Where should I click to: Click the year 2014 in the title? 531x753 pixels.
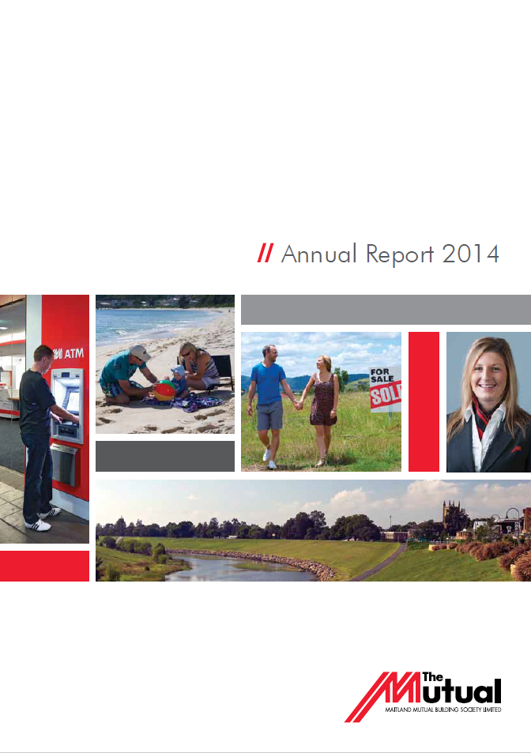coord(470,254)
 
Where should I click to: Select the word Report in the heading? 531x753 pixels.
coord(400,254)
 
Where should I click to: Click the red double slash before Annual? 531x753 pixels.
coord(265,253)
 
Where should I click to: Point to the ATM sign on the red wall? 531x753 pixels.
coord(68,354)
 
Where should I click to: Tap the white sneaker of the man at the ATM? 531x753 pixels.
coord(37,525)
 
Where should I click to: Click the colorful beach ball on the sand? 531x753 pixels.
coord(164,390)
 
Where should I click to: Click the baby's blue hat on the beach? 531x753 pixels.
coord(178,371)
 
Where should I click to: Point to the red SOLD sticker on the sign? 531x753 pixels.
coord(386,396)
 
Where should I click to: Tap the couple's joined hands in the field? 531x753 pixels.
coord(298,405)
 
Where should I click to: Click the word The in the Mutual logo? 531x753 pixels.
coord(432,677)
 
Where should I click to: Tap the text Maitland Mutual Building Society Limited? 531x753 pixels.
coord(443,710)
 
